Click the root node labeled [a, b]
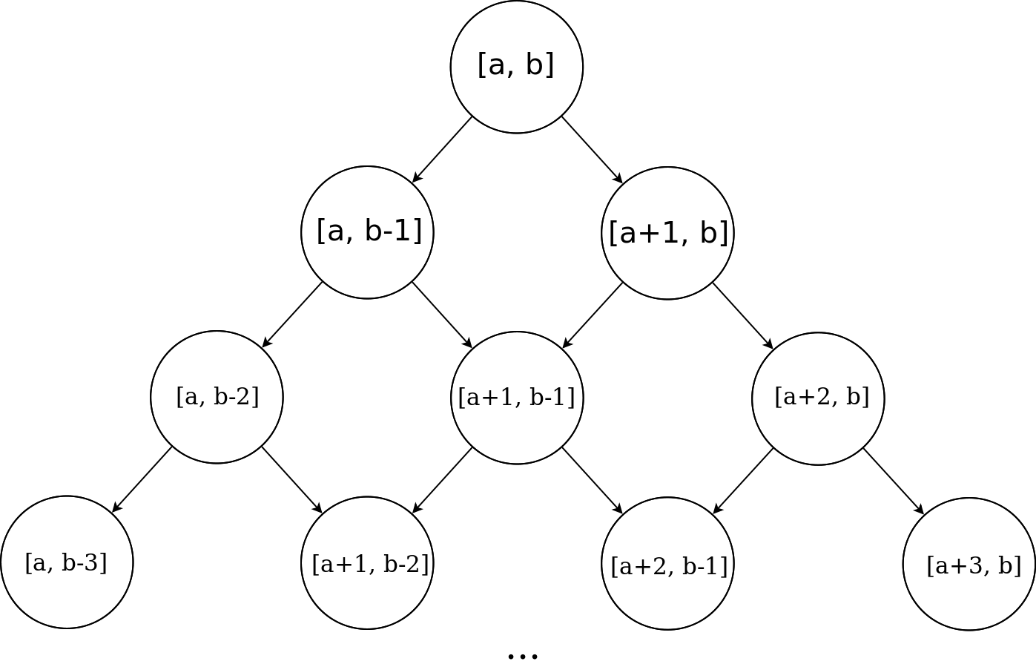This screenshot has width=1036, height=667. (517, 67)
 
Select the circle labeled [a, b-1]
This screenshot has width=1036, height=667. (367, 232)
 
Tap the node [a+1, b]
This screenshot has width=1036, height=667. (667, 233)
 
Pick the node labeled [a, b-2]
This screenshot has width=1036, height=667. (217, 397)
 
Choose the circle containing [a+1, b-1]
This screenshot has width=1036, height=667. (517, 398)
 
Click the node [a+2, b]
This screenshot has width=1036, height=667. (818, 398)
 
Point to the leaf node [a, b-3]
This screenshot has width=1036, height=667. (67, 562)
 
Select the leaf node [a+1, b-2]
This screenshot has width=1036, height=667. (367, 563)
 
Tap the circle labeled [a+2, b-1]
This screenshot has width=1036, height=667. (667, 564)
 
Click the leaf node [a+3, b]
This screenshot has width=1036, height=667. (969, 564)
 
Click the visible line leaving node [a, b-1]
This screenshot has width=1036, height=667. (309, 296)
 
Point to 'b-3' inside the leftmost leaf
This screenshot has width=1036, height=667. (81, 562)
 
